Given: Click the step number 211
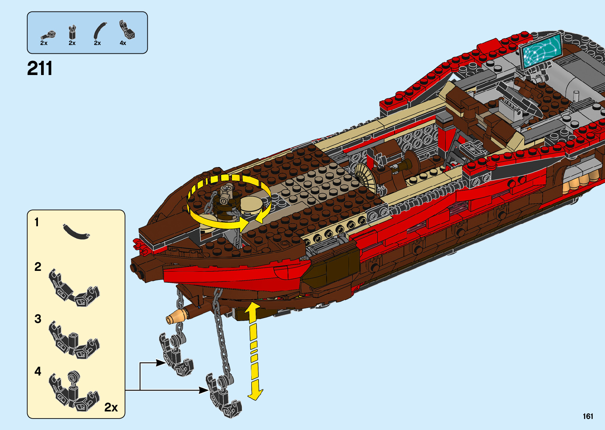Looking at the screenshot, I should (40, 69).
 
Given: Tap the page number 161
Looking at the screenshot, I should (588, 416).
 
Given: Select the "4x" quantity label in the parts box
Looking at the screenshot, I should (123, 43).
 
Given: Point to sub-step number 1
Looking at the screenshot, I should (37, 222).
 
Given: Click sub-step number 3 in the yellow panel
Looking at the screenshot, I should (38, 319).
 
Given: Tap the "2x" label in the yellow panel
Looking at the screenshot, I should (111, 407).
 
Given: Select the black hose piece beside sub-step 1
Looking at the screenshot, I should (76, 232).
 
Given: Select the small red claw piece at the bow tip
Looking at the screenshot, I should (139, 245).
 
